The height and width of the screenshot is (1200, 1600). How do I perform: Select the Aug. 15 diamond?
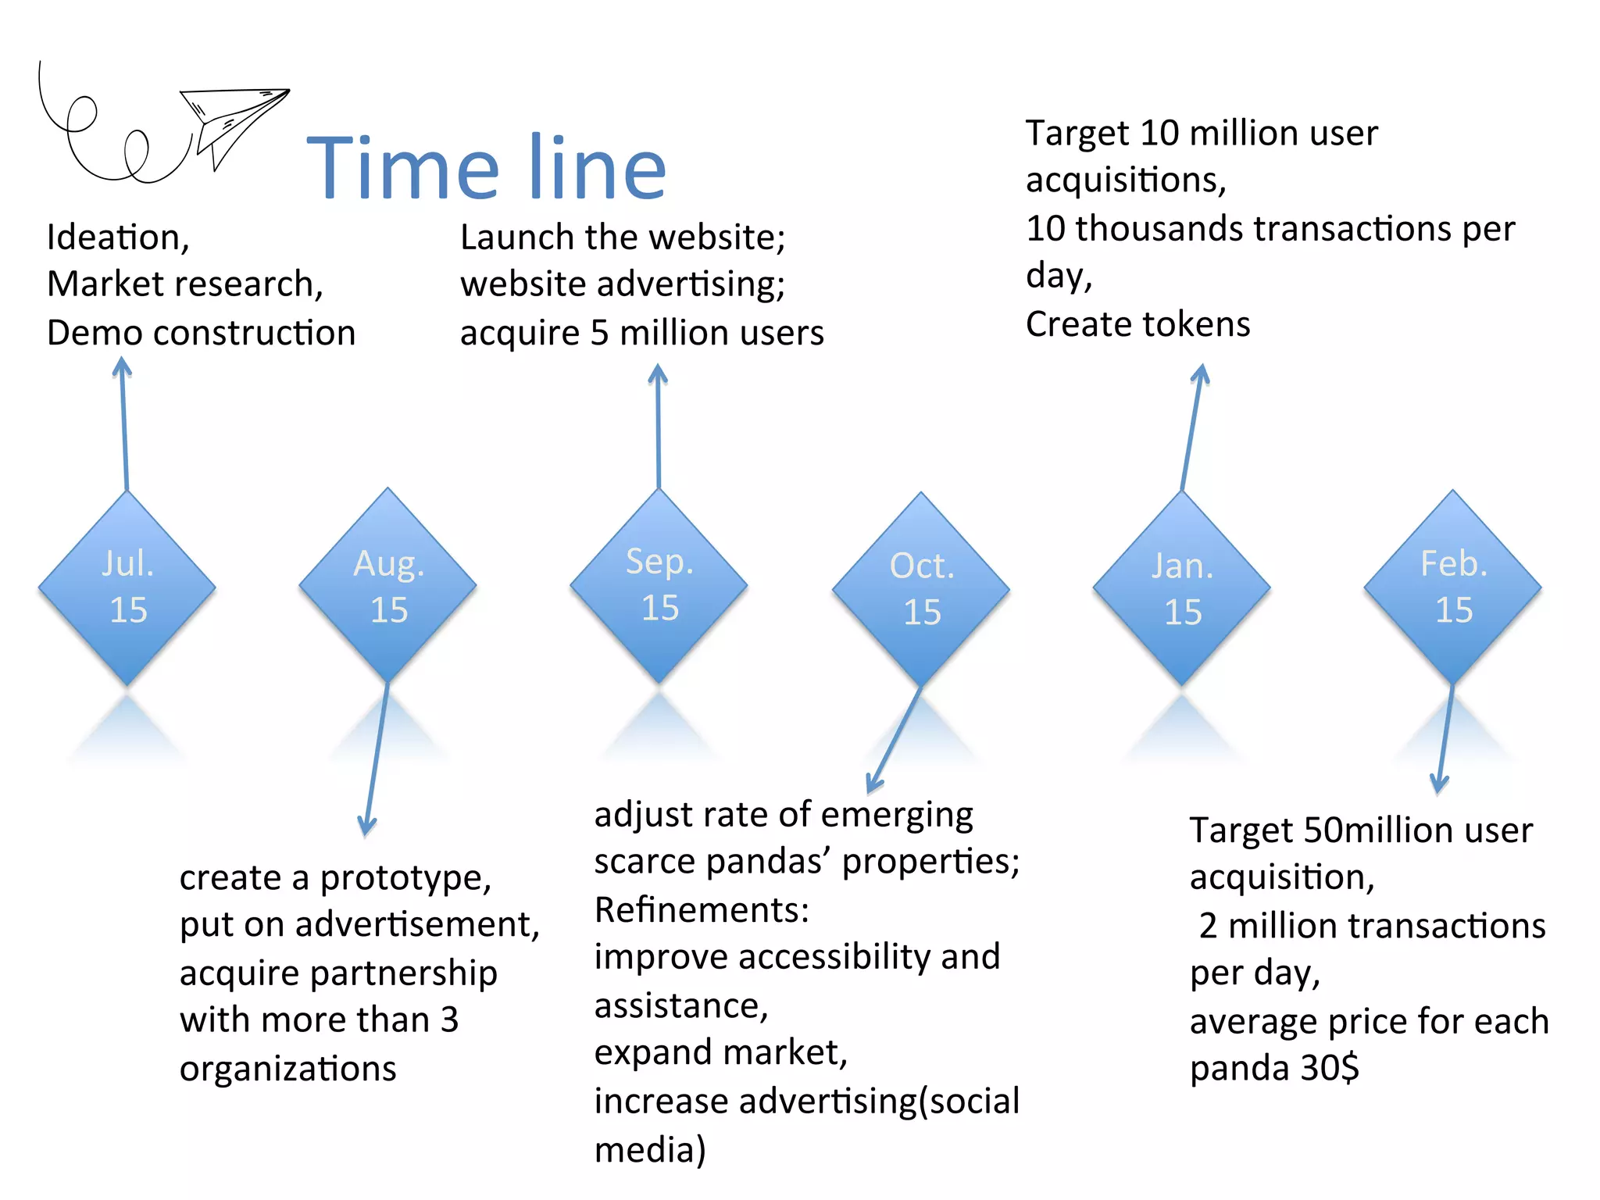[x=388, y=586]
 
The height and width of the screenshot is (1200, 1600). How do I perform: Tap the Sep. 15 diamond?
[x=659, y=585]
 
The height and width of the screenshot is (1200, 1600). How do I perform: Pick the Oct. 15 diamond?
[x=921, y=589]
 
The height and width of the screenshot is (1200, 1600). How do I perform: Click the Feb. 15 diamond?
[x=1453, y=587]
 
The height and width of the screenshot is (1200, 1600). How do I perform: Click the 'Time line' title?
[x=486, y=168]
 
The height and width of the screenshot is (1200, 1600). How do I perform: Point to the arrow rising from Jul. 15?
[x=123, y=426]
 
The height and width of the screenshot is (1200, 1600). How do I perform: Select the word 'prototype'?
[x=405, y=879]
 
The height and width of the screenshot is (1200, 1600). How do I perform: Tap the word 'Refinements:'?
[x=702, y=910]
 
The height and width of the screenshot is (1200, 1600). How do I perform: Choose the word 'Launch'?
[x=517, y=237]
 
